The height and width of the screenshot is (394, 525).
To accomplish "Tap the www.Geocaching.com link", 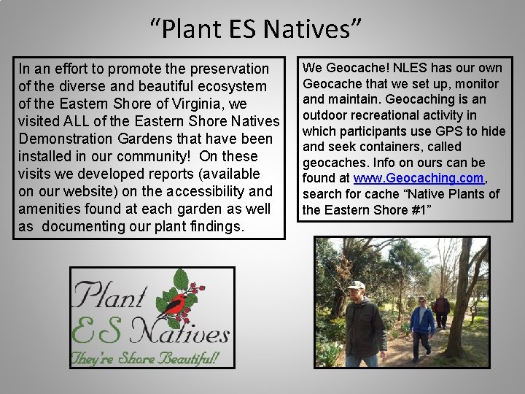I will pos(419,178).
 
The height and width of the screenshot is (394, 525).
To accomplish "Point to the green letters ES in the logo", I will pos(98,332).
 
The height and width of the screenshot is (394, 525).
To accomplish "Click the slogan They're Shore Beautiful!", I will pos(144,358).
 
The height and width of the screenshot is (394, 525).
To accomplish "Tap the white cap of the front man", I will pos(356,285).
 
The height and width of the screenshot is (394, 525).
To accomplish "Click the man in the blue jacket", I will pos(421,325).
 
